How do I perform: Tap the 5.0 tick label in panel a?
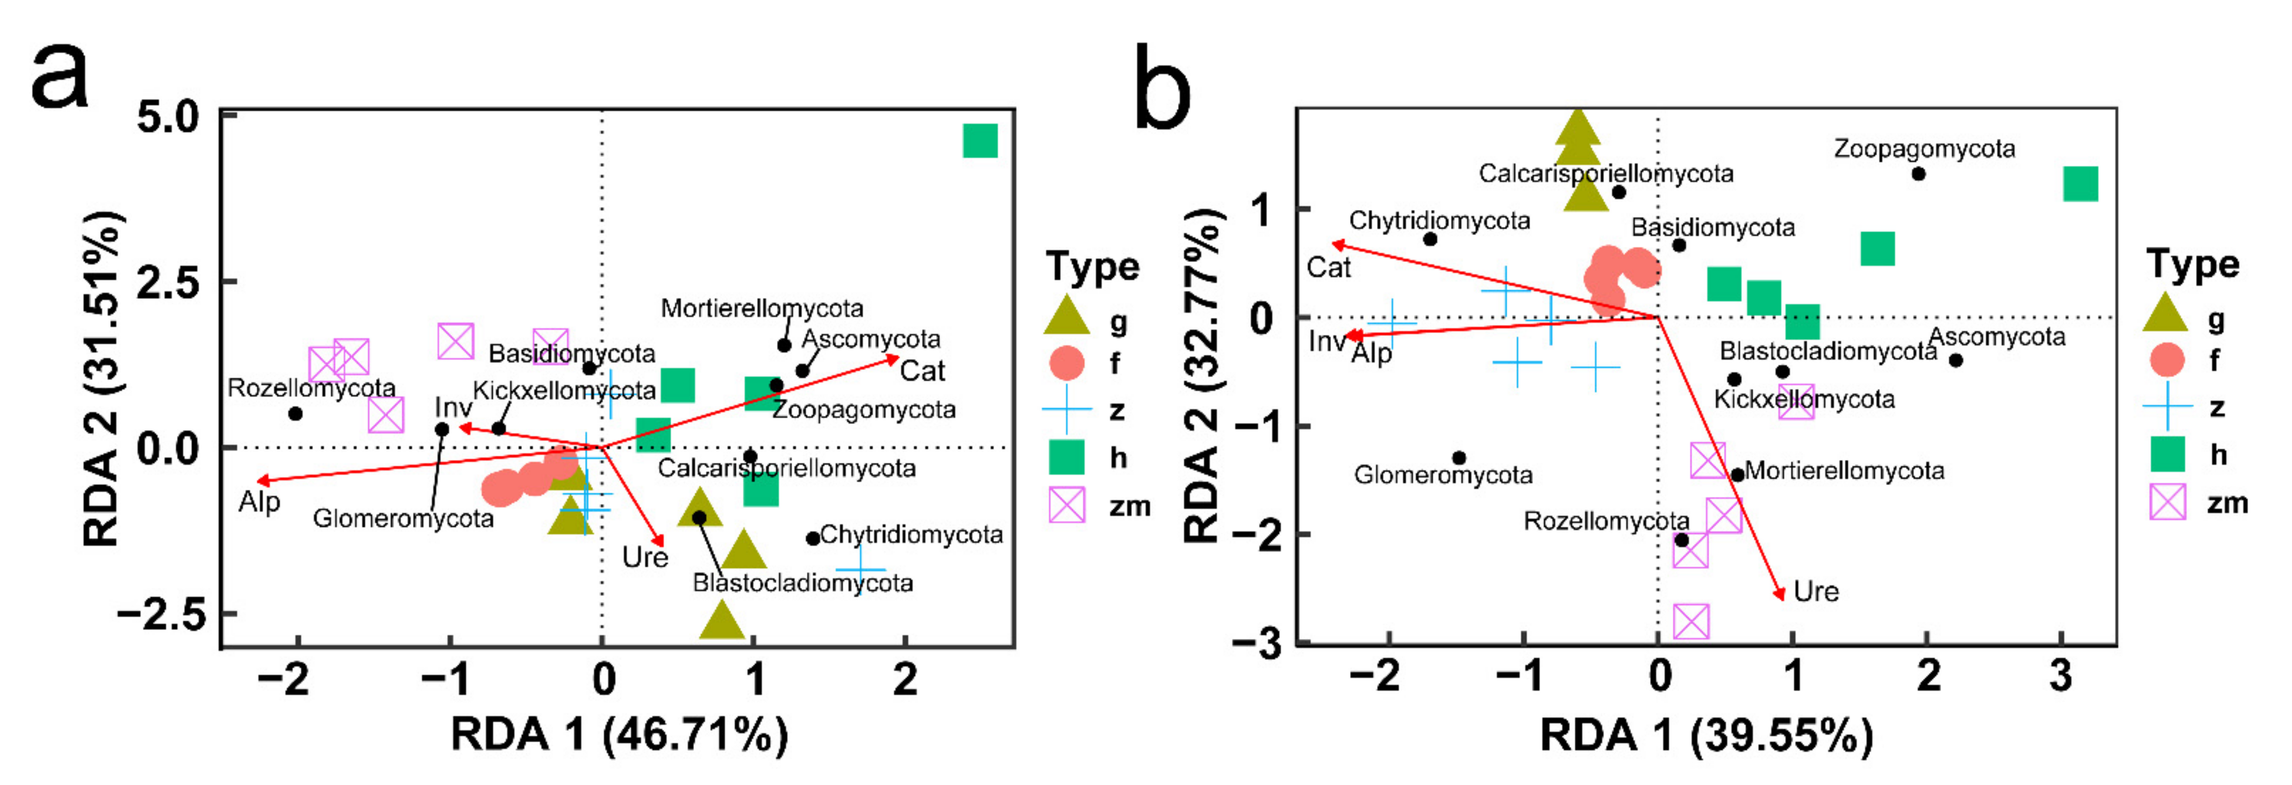pos(168,118)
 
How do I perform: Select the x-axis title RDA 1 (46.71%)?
pos(619,735)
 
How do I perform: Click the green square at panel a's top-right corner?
pos(979,141)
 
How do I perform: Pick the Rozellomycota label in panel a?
pos(311,388)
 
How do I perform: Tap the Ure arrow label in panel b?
pos(1815,592)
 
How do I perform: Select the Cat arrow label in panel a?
pos(922,371)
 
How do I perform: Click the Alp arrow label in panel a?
pos(259,502)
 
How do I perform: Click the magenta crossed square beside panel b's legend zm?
pos(2167,503)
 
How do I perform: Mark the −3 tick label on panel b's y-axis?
pos(1257,643)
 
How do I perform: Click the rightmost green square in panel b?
pos(2080,184)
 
